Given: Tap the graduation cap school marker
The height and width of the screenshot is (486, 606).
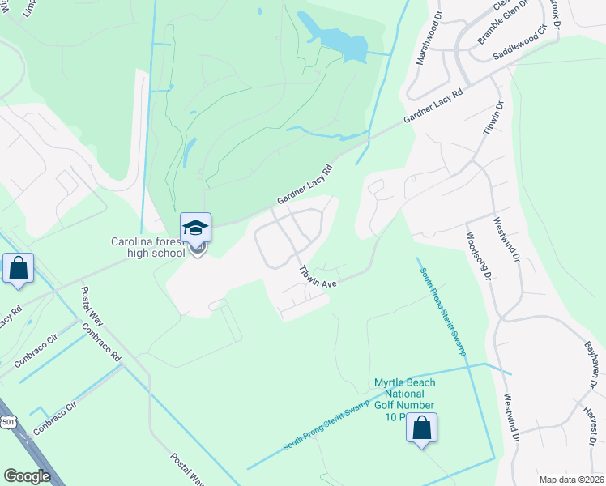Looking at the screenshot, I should coord(195,228).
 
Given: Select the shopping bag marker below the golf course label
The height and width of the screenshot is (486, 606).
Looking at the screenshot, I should coord(421,428).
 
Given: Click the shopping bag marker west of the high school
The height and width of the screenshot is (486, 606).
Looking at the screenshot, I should coord(18,269).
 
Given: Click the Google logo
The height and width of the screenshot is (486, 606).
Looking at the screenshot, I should coord(27,476).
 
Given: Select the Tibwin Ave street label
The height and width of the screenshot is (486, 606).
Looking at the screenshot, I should coord(317,278).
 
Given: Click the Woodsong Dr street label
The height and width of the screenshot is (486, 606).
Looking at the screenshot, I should coord(477,258).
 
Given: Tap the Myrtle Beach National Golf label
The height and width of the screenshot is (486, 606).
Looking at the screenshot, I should coord(404,394).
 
